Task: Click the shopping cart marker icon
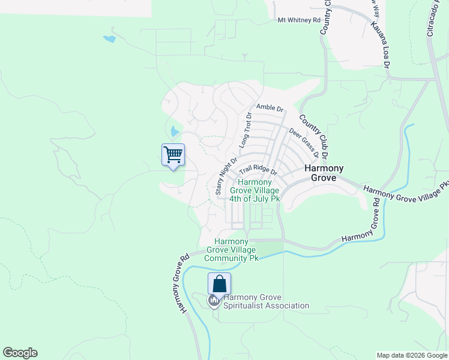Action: pyautogui.click(x=173, y=155)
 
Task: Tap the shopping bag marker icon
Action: pyautogui.click(x=219, y=284)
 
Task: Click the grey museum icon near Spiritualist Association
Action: pyautogui.click(x=214, y=301)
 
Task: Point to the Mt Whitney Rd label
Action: pyautogui.click(x=299, y=20)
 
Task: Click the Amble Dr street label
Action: pyautogui.click(x=270, y=107)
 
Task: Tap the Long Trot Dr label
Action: pyautogui.click(x=244, y=130)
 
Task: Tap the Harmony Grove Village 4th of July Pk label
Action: pyautogui.click(x=259, y=190)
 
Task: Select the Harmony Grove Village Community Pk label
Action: pyautogui.click(x=231, y=250)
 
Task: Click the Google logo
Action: pyautogui.click(x=20, y=353)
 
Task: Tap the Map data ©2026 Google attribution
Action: pyautogui.click(x=412, y=355)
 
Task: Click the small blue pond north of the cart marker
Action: pyautogui.click(x=174, y=131)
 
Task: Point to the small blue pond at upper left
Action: pyautogui.click(x=109, y=39)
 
